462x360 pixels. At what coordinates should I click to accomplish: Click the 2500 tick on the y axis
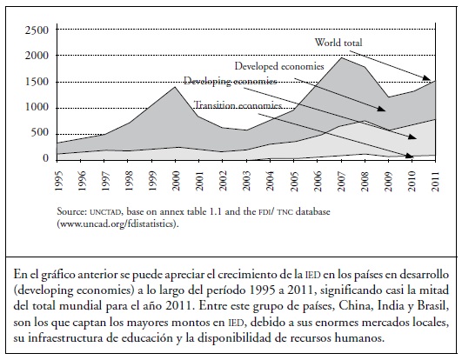tap(37, 30)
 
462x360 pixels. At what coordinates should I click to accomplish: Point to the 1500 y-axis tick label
tap(37, 82)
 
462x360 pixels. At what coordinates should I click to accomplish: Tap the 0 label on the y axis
tap(45, 158)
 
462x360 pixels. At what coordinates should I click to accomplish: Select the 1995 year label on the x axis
tap(58, 181)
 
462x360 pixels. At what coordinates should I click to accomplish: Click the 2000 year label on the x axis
tap(176, 181)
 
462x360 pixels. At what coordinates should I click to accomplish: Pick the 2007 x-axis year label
tap(341, 181)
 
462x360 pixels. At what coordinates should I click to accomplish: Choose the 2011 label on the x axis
tap(435, 181)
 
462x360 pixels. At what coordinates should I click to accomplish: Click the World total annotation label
tap(338, 43)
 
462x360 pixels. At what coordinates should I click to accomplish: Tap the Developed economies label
tap(279, 66)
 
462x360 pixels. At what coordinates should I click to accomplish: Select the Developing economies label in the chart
tap(231, 81)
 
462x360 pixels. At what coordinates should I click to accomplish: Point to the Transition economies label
tap(238, 105)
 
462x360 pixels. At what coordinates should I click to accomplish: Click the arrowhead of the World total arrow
tap(428, 78)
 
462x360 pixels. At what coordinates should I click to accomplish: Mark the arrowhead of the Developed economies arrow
tap(383, 110)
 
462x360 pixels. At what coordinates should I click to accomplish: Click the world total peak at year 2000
tap(175, 87)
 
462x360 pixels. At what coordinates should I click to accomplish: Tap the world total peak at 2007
tap(341, 57)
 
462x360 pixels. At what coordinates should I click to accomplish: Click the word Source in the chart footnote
tap(71, 211)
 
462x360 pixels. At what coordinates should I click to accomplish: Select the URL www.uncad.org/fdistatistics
tap(117, 224)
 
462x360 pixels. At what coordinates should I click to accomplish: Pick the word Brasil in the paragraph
tap(433, 306)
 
